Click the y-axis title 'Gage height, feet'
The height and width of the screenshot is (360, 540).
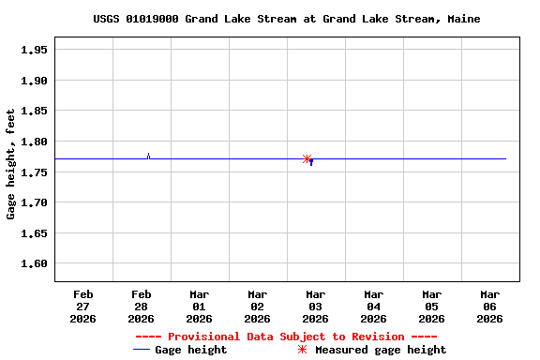point(11,164)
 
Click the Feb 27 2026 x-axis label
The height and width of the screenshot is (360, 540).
point(82,306)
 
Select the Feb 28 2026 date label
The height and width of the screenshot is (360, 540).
point(141,306)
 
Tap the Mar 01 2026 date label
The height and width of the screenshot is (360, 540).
point(199,306)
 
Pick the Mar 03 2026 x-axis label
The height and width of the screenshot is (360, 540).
point(315,306)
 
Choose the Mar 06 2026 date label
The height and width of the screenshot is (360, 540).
point(489,306)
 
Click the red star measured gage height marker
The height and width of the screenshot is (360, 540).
point(307,159)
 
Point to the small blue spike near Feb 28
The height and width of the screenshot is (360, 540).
point(148,156)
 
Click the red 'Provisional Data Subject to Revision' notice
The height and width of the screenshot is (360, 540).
point(286,337)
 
